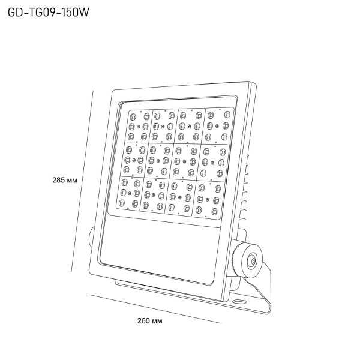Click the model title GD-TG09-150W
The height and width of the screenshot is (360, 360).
click(x=48, y=12)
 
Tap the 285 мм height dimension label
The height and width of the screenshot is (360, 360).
click(x=65, y=180)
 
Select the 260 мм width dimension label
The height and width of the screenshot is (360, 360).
click(x=149, y=321)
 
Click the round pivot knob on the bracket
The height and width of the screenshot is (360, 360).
click(x=251, y=260)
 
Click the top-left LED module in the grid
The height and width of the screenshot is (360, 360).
click(x=139, y=126)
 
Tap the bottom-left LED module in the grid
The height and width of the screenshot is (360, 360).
click(x=129, y=194)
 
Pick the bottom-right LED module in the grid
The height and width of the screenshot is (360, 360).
click(x=208, y=200)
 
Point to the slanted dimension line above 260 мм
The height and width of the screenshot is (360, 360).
click(x=155, y=309)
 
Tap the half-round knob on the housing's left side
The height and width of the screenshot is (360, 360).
click(x=91, y=237)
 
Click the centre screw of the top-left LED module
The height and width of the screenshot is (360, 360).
click(x=139, y=127)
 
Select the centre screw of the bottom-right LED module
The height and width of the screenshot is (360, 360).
click(x=208, y=200)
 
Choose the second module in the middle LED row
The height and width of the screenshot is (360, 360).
click(x=158, y=161)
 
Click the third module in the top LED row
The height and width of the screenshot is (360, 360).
click(x=190, y=126)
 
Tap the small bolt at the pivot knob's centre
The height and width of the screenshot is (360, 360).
click(x=253, y=260)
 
